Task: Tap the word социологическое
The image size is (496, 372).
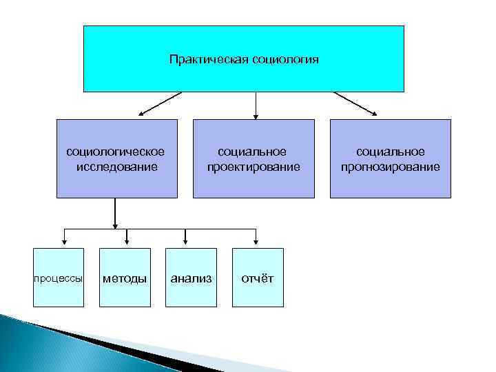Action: (x=116, y=152)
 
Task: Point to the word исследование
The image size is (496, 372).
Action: (x=116, y=166)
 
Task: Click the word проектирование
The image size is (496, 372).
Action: (x=253, y=166)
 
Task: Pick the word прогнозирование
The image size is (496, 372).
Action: (x=390, y=166)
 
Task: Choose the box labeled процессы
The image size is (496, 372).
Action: (x=59, y=278)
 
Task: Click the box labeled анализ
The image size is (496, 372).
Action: (x=191, y=278)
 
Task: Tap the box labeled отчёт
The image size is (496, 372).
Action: (x=257, y=278)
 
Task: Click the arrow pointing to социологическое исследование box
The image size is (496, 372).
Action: (x=158, y=103)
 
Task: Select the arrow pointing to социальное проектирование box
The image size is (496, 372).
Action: (x=256, y=105)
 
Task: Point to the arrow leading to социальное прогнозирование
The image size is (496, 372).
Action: (x=355, y=103)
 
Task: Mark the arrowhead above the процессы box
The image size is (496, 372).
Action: (x=64, y=241)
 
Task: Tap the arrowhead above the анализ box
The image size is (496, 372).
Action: (x=186, y=241)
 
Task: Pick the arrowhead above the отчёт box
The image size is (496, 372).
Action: (x=256, y=241)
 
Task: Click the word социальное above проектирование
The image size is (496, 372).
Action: (x=253, y=152)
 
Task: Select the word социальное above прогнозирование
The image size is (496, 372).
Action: (x=390, y=152)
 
